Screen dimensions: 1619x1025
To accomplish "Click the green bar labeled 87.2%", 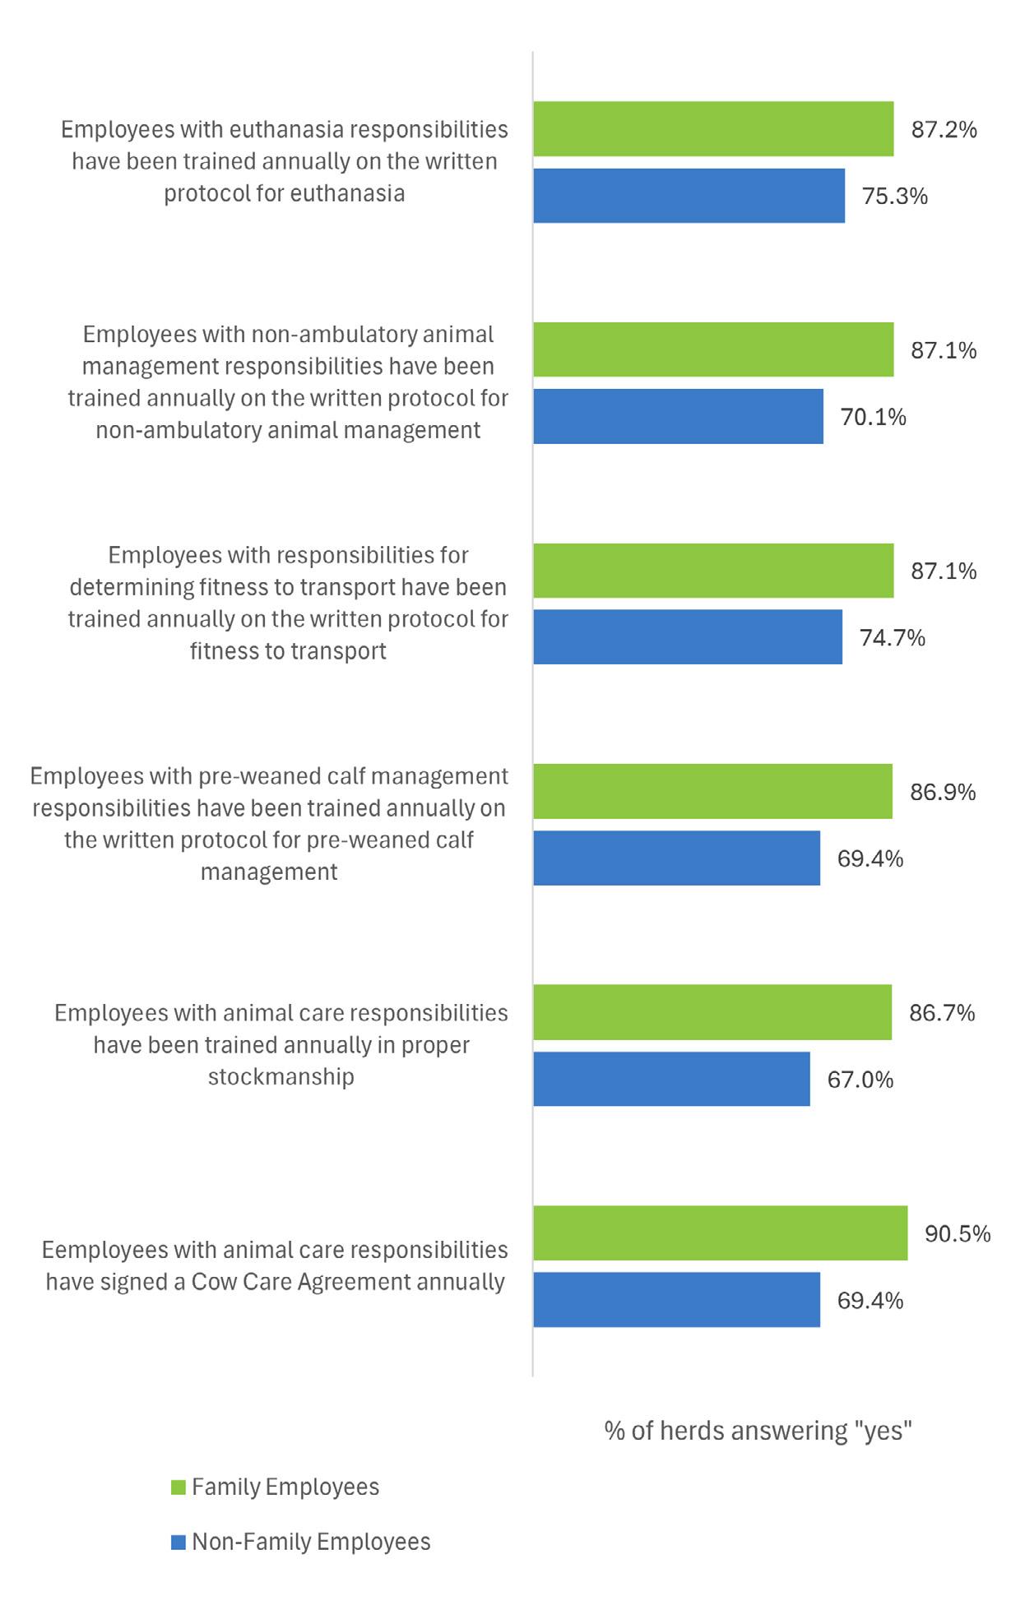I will coord(712,129).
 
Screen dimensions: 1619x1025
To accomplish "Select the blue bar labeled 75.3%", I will coord(689,196).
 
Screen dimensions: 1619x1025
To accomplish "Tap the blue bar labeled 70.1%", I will coord(678,417).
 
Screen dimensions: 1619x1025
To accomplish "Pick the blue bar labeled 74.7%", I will coord(687,637).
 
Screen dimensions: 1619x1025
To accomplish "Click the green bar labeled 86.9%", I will coord(712,792).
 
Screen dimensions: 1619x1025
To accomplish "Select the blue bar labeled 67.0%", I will coord(671,1079).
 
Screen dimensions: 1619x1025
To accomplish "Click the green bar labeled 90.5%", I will coord(720,1233).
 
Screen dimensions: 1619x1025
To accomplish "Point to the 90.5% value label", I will coord(958,1233).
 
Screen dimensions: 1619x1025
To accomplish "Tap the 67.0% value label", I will coord(860,1080).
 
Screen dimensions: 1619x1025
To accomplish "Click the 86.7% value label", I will coord(942,1012).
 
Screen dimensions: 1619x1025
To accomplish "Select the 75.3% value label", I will coord(894,197).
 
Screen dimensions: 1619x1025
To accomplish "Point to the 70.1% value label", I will coord(873,417).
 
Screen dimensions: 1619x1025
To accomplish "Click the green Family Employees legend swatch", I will coord(179,1487).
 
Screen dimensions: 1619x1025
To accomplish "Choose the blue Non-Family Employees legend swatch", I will coord(179,1543).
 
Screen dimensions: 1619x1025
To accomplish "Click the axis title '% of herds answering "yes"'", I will coord(758,1431).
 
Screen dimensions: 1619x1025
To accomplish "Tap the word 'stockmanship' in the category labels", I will coord(281,1076).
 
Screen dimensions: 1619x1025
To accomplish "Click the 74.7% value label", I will coord(893,638).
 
